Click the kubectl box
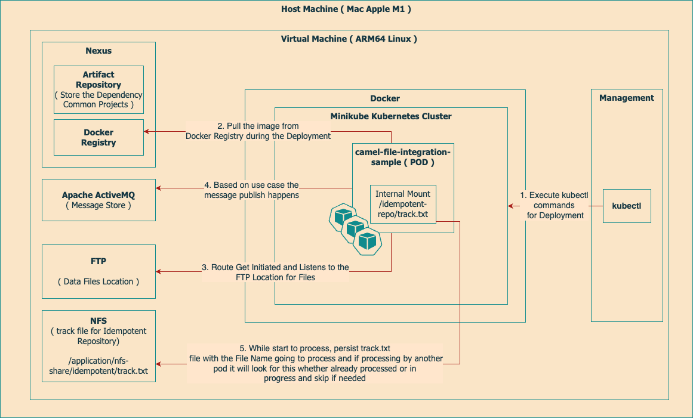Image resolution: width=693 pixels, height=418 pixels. point(626,206)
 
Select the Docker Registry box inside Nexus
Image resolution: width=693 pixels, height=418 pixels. point(98,137)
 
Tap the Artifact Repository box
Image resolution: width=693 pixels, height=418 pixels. point(98,89)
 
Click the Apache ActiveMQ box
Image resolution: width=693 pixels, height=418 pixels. point(98,200)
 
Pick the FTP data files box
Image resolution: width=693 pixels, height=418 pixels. point(98,271)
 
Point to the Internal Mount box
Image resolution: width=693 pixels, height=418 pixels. point(403,203)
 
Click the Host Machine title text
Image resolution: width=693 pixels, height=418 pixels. point(346,9)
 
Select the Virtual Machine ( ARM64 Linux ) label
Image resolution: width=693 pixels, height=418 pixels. point(349,39)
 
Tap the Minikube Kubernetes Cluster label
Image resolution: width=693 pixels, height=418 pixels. point(391,116)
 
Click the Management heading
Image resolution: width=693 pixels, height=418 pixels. point(627,98)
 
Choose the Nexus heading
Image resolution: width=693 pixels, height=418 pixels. point(98,51)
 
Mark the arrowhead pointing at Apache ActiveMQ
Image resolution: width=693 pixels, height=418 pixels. point(159,188)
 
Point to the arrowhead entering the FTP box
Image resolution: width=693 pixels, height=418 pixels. point(159,272)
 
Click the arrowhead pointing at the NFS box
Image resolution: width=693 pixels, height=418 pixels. point(159,363)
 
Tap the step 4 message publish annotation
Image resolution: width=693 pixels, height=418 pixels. point(251,190)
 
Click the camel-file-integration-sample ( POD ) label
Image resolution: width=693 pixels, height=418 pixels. point(403,157)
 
